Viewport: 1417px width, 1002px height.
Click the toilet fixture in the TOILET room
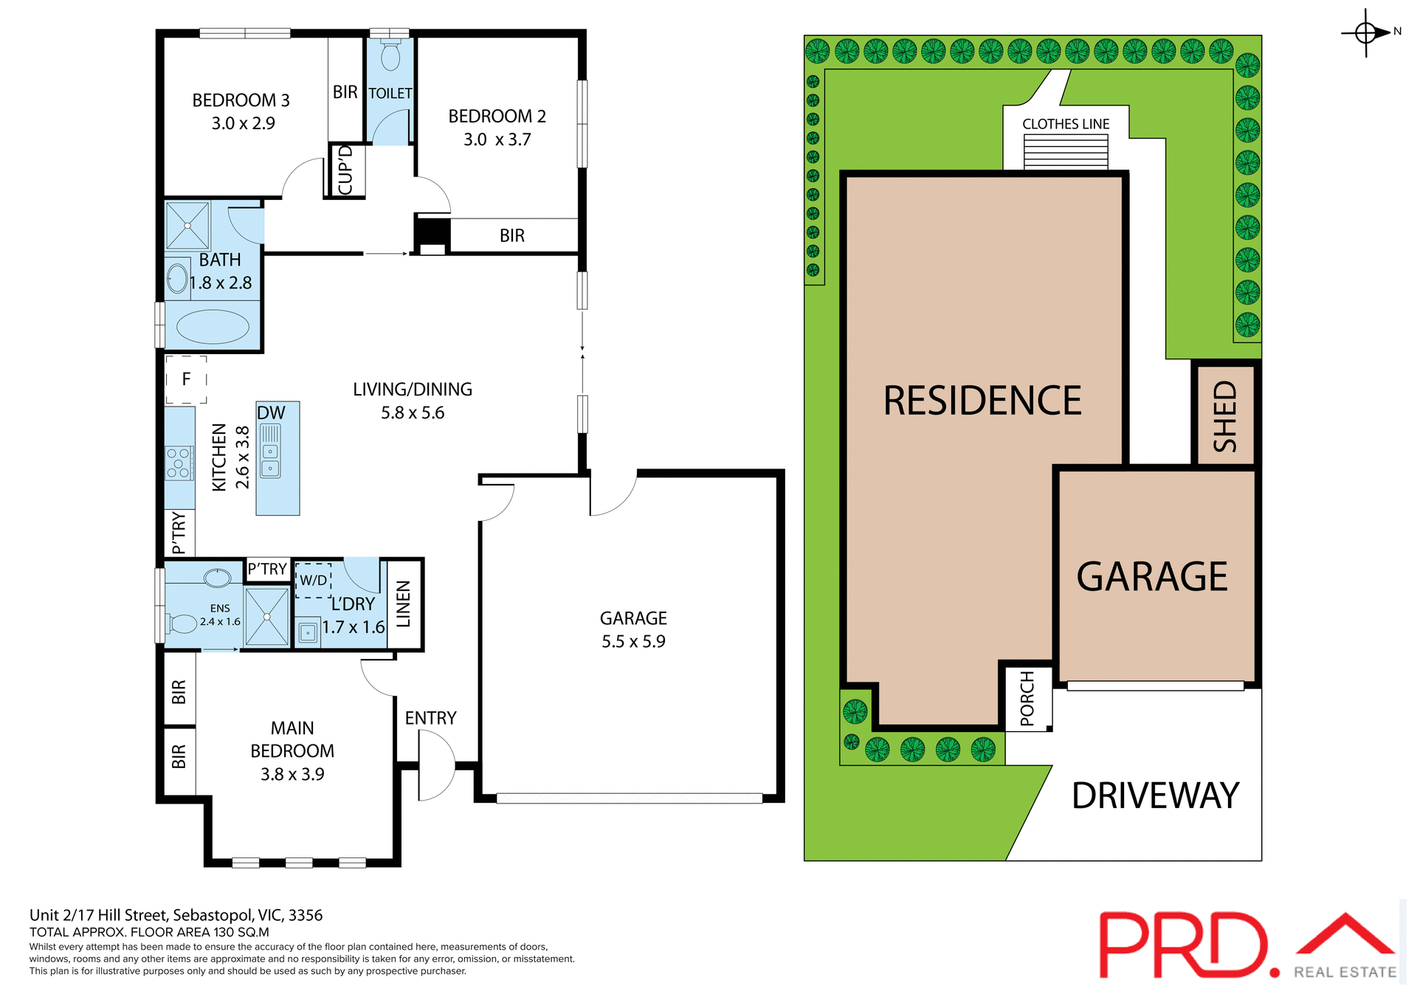390,55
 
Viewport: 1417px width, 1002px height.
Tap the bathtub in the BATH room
213,327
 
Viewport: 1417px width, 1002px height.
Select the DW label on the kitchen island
271,413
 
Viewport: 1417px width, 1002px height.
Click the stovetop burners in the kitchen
179,463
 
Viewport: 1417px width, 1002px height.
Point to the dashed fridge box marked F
186,379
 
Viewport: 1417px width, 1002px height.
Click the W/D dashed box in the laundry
314,580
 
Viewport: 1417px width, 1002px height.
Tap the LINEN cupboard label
404,604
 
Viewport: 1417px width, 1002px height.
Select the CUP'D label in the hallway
345,170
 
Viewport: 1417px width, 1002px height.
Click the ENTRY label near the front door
430,718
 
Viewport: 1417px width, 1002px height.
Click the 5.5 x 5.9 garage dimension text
633,641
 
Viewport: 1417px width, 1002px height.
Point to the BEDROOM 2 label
497,117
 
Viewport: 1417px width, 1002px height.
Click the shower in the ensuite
266,616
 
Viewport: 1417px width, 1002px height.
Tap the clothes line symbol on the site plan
1066,151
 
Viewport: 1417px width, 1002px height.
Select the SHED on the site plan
1224,415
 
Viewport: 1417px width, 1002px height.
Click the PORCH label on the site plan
1027,698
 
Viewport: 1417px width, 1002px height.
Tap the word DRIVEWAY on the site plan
1155,795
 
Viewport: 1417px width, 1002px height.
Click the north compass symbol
1366,33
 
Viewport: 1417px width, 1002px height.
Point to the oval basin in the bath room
178,278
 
